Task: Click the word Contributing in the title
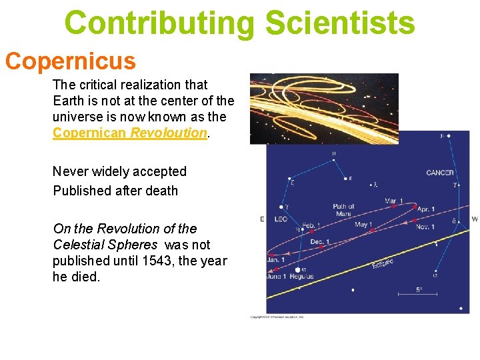point(159,23)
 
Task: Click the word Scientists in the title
point(339,23)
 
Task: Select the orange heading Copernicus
point(71,61)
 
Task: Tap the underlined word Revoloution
point(169,133)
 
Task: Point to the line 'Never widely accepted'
point(119,171)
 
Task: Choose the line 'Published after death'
point(115,191)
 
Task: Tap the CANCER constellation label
point(439,173)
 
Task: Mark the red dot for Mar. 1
point(394,207)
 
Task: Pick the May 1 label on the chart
point(363,225)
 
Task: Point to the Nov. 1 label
point(425,227)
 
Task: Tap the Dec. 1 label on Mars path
point(319,241)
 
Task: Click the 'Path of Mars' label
point(343,210)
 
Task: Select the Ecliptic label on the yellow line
point(383,265)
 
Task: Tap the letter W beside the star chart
point(474,219)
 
